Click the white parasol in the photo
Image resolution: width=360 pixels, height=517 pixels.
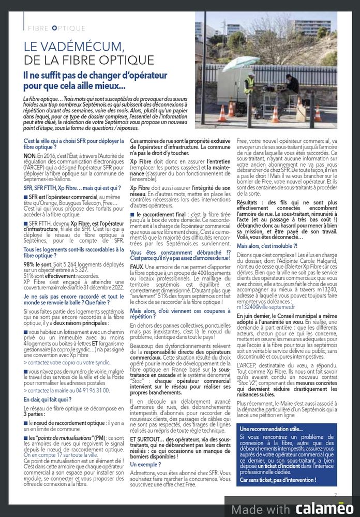[241, 63]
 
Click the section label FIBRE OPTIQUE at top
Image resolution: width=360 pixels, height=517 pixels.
[57, 28]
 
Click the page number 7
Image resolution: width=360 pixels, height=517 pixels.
[335, 495]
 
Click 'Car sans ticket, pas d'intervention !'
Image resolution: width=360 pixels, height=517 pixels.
[278, 480]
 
